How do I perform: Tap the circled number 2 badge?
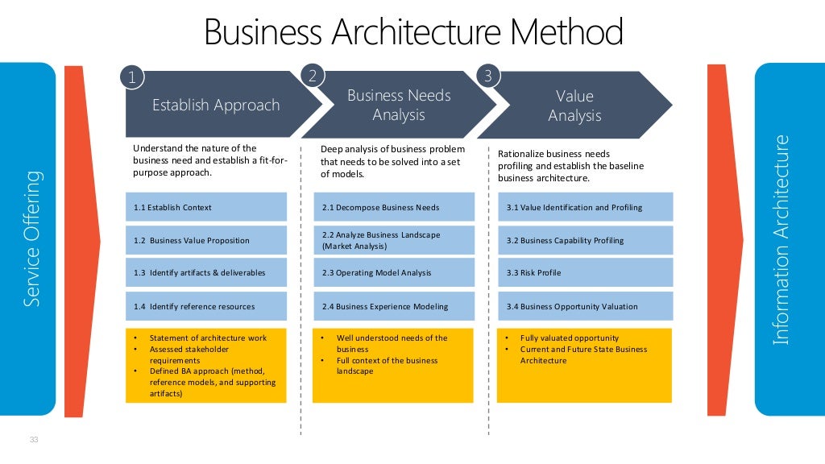(312, 76)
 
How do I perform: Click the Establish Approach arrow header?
(216, 105)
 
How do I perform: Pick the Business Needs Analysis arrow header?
(399, 105)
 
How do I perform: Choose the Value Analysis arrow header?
(574, 106)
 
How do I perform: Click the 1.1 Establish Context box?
(206, 207)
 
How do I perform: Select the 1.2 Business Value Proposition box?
(206, 240)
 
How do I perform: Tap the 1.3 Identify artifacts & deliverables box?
(206, 273)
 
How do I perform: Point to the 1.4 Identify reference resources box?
(206, 306)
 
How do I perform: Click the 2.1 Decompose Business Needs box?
(392, 207)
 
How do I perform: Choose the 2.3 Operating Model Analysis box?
(392, 273)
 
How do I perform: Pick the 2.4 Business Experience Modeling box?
(392, 306)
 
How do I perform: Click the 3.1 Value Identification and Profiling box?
(585, 207)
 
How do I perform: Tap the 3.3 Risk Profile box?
(585, 273)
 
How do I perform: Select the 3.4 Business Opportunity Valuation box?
(585, 306)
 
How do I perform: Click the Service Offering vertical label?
(31, 238)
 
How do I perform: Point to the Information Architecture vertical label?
(780, 240)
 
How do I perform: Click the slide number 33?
(34, 439)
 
